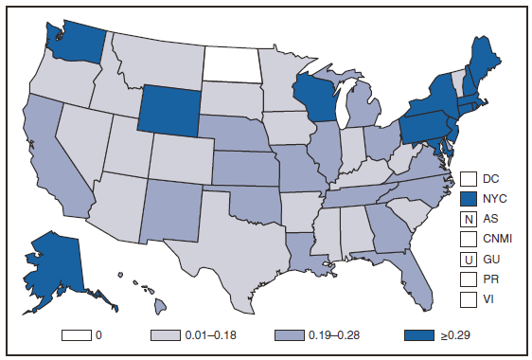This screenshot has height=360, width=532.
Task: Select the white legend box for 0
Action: pos(77,333)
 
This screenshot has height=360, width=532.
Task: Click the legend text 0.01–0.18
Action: pos(215,334)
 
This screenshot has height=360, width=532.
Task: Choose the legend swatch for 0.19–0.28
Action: pos(288,333)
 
